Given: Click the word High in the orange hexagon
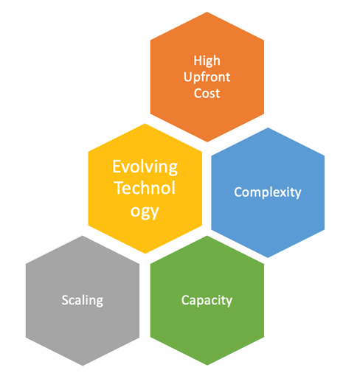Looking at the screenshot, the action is pos(207,60).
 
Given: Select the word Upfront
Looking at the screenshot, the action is pos(207,77).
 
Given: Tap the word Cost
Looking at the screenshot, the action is pos(207,94).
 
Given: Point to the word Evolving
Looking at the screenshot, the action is pos(145,167).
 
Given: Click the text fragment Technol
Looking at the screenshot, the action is pos(145,188).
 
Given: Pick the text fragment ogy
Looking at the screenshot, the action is pos(145,212).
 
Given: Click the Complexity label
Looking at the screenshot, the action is pos(268,192).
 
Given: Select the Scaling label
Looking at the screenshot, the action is pos(83,300).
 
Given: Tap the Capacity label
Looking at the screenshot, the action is pos(207,300).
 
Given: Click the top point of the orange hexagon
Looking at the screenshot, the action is pos(207,12).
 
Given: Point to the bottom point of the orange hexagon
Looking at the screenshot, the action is pos(207,142).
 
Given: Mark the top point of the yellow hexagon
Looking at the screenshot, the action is pos(145,124).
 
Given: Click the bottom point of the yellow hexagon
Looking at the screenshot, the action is pos(145,254).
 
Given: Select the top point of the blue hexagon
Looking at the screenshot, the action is pos(268,128).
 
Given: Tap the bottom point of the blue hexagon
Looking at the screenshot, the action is pos(268,258).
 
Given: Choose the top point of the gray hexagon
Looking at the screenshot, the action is pos(83,236).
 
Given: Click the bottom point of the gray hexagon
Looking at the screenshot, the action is pos(83,366).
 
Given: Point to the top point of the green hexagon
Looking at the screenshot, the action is pos(207,236).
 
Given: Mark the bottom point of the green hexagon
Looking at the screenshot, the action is pos(207,366).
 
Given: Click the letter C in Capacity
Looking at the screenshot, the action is pos(185,300).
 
